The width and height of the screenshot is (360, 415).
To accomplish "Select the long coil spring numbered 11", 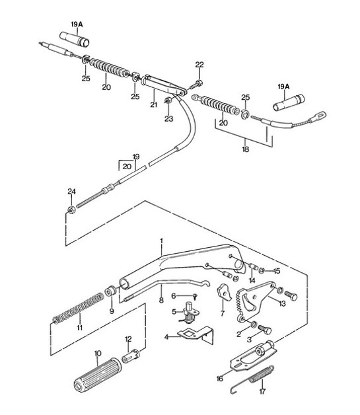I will click(78, 311).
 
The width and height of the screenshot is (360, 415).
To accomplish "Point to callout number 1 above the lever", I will click(161, 240).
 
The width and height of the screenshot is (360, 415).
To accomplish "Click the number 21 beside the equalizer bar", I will click(153, 104).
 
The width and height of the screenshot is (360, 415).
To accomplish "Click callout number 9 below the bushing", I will click(112, 311).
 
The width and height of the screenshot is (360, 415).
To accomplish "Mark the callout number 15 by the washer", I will click(277, 270).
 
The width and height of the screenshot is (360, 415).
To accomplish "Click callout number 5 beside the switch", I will click(174, 311).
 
